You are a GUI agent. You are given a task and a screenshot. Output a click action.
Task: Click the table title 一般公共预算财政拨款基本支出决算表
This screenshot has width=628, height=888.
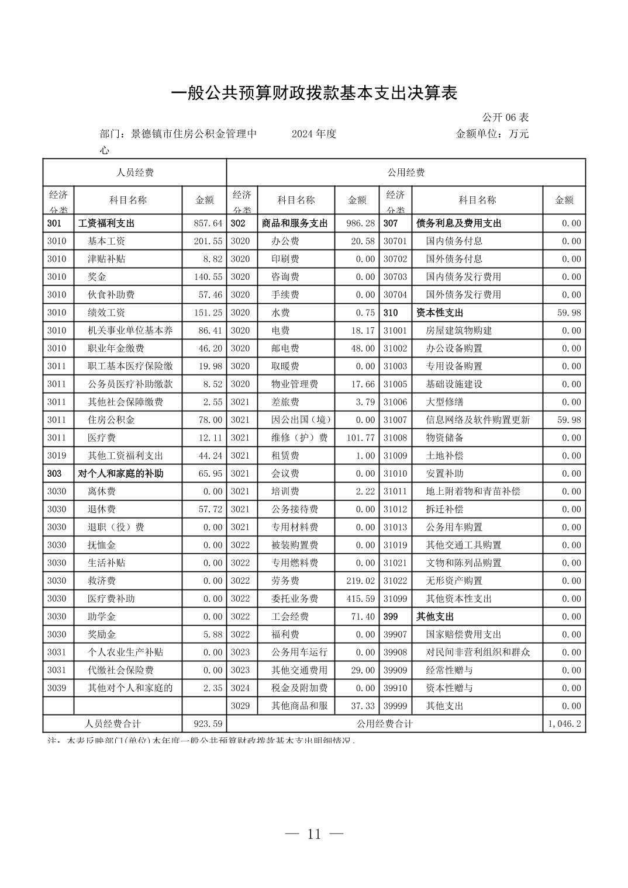tap(314, 93)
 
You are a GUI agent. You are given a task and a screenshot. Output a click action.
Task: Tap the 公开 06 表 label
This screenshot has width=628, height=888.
tap(505, 117)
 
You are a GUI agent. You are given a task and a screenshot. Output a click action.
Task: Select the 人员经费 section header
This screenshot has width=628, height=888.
tap(134, 172)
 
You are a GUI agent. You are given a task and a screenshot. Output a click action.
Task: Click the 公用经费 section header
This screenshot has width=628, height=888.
tap(406, 172)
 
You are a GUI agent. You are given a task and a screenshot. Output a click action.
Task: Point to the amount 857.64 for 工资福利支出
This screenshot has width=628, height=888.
tap(208, 223)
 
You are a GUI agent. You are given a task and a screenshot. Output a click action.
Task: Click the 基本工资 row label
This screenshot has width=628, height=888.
tap(106, 241)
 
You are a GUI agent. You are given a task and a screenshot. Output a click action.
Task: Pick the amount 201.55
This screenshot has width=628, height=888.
tap(208, 241)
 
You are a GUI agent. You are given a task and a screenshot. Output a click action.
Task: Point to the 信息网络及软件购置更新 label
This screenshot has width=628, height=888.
tap(478, 419)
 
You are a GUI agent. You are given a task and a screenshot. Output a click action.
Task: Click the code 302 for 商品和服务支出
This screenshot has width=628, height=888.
tap(238, 223)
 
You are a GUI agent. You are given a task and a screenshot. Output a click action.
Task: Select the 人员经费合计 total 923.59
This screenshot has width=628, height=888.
tap(208, 723)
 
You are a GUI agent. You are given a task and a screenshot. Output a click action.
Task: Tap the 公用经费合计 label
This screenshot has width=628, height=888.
tap(385, 723)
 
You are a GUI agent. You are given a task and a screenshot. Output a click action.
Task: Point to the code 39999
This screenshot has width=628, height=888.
tap(395, 706)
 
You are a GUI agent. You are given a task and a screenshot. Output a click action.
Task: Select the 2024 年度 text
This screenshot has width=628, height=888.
tap(314, 134)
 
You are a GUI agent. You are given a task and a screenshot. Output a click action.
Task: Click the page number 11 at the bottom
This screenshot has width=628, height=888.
tap(314, 834)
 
